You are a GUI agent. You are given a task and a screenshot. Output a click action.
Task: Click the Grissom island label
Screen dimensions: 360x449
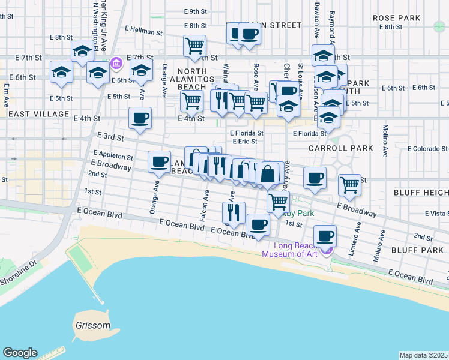(93, 326)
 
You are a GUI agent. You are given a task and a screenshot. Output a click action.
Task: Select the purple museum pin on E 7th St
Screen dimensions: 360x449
(116, 63)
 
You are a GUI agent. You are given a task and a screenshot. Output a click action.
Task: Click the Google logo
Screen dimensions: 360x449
(20, 353)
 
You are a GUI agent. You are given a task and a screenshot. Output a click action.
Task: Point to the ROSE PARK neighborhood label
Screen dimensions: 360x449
(396, 18)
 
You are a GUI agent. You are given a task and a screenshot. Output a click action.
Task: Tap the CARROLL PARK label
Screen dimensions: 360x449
(341, 148)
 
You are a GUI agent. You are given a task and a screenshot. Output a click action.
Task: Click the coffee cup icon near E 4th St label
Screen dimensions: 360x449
(140, 118)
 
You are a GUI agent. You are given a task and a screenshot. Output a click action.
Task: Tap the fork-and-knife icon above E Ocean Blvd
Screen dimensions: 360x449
(233, 212)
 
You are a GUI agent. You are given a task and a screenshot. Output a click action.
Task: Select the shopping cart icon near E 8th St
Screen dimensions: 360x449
(194, 45)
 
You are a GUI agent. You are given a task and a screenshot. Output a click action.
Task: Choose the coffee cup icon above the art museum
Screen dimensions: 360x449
(325, 236)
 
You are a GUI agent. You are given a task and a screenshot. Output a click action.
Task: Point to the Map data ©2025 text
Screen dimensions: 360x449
(424, 355)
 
